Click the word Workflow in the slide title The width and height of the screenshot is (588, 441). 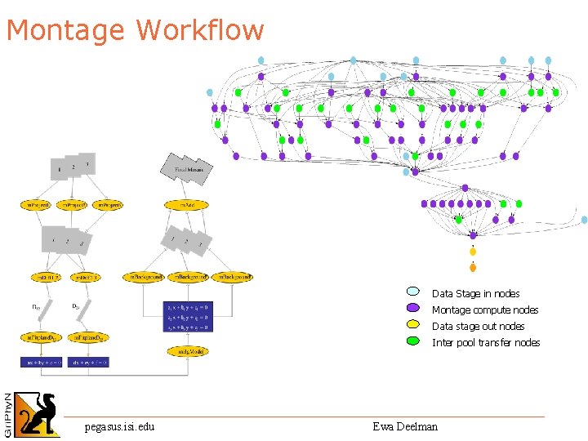click(x=200, y=30)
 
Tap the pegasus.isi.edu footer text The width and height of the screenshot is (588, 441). click(x=119, y=426)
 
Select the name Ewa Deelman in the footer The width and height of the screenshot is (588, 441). click(x=405, y=426)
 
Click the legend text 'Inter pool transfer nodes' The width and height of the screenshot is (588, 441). click(x=485, y=343)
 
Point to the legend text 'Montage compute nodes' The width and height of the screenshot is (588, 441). click(x=484, y=310)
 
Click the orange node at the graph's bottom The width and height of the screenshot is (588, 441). click(x=473, y=267)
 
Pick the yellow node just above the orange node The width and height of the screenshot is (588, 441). click(x=473, y=252)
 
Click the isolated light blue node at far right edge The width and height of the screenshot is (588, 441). click(x=584, y=220)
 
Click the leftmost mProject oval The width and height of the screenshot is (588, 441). click(x=35, y=205)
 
